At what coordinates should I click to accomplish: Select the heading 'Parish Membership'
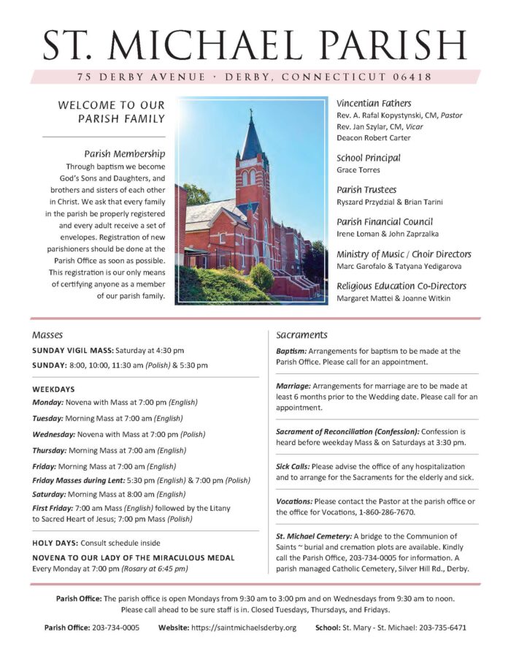[124, 154]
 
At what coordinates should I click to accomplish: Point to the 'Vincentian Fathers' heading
[374, 103]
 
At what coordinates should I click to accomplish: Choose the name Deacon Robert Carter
[373, 137]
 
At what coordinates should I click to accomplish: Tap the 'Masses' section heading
[47, 335]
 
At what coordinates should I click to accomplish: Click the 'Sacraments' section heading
[301, 335]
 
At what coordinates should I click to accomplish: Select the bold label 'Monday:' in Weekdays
[48, 402]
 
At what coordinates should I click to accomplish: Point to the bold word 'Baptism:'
[291, 351]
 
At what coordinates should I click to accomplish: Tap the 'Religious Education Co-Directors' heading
[404, 286]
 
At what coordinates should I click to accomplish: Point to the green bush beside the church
[261, 277]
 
